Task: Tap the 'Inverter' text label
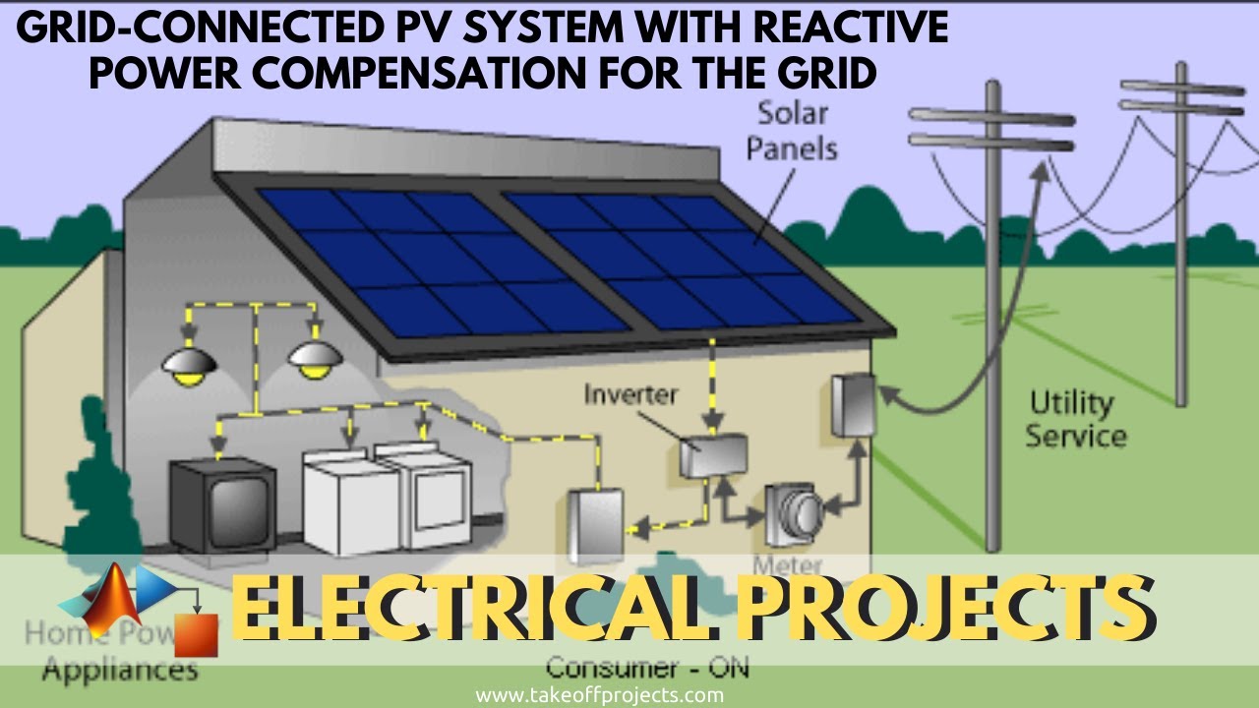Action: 630,394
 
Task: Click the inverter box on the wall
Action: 713,455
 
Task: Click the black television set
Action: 222,503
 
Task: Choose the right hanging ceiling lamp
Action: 315,359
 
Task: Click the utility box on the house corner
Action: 852,404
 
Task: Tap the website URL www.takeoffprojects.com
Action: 599,695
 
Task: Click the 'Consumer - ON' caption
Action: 646,668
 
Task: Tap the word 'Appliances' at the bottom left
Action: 120,671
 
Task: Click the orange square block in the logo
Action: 196,634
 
